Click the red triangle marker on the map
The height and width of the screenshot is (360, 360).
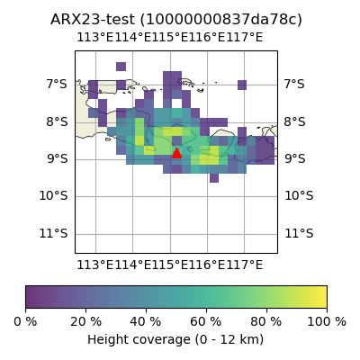[x=176, y=153]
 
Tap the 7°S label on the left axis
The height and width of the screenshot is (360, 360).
[x=57, y=85]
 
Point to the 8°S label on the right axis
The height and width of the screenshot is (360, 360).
[x=295, y=122]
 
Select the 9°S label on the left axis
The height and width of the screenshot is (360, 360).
[x=57, y=158]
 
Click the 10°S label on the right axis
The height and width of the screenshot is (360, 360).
[x=299, y=196]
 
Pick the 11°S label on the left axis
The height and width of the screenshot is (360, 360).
[x=54, y=233]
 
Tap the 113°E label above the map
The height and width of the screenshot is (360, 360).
[x=95, y=38]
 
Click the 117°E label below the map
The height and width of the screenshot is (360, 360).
[x=244, y=265]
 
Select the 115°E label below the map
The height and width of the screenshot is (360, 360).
[x=170, y=265]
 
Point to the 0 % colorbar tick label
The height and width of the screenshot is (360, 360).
[x=25, y=322]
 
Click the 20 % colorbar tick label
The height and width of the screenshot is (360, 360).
[x=86, y=322]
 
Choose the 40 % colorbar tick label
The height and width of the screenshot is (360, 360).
[x=146, y=322]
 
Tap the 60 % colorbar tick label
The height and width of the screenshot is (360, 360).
[x=206, y=322]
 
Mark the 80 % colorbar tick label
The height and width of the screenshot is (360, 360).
[x=266, y=322]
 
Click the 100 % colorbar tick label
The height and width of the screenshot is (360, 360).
[x=327, y=322]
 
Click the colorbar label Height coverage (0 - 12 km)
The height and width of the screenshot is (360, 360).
[x=175, y=340]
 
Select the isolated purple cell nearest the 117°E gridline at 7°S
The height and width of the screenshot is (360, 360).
[x=242, y=85]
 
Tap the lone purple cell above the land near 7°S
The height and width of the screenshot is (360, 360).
[x=121, y=67]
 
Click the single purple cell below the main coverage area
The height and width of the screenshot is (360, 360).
[x=214, y=178]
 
